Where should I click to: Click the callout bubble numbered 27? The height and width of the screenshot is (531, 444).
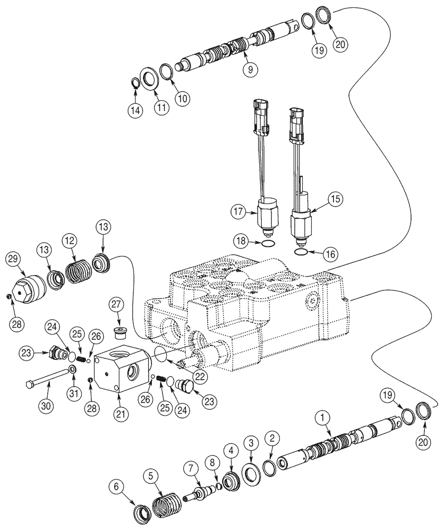tap(116, 305)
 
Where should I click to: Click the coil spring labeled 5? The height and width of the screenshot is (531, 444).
tap(168, 504)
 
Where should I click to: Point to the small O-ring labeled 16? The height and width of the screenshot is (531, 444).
tap(301, 253)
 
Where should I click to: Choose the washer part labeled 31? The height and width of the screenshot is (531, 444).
tap(72, 369)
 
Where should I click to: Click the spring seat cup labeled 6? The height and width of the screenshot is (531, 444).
tap(142, 512)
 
